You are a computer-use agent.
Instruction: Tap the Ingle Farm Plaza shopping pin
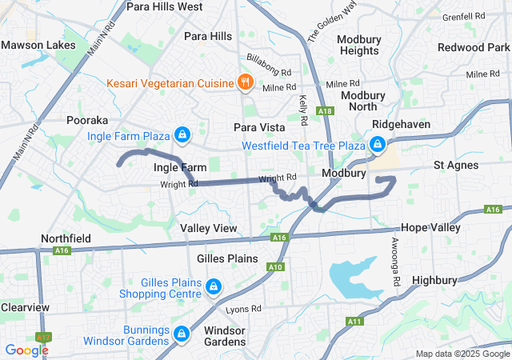(182, 134)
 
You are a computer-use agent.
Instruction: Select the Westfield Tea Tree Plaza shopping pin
(376, 145)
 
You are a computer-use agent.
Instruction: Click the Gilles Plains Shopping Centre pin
(214, 286)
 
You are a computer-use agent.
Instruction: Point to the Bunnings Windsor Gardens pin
(182, 333)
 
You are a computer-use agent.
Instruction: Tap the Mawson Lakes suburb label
(32, 45)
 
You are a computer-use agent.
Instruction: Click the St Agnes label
(456, 165)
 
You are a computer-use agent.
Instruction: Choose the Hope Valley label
(431, 227)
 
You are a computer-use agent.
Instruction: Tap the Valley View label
(209, 229)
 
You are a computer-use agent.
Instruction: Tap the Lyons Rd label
(244, 309)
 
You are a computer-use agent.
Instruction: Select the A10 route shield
(275, 267)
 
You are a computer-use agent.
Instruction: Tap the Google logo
(26, 350)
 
